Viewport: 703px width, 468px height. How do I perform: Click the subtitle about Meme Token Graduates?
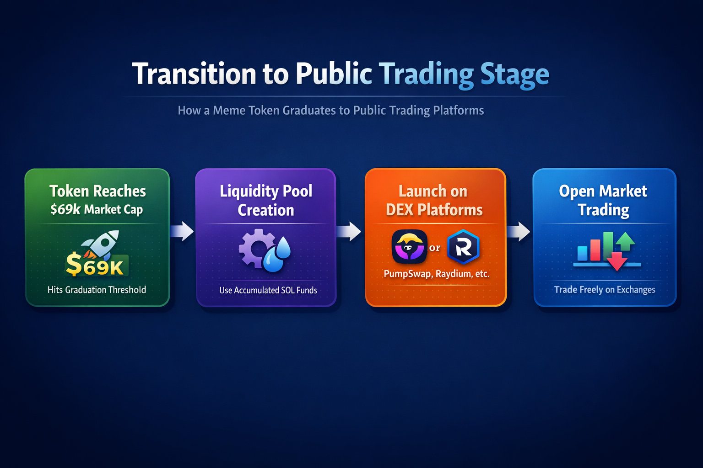pyautogui.click(x=330, y=111)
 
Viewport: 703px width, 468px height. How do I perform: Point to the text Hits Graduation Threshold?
pyautogui.click(x=97, y=290)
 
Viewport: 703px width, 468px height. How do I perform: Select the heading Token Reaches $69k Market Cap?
pyautogui.click(x=97, y=200)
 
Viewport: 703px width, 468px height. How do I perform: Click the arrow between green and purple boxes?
pyautogui.click(x=182, y=231)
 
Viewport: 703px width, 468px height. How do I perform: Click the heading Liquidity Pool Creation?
pyautogui.click(x=266, y=200)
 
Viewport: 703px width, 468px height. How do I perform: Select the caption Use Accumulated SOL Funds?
pyautogui.click(x=268, y=290)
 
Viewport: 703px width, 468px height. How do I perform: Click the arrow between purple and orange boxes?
pyautogui.click(x=349, y=231)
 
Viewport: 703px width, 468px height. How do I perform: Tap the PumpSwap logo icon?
pyautogui.click(x=409, y=247)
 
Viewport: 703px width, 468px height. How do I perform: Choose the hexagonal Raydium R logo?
pyautogui.click(x=463, y=247)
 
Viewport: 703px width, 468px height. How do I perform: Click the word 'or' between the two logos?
pyautogui.click(x=435, y=248)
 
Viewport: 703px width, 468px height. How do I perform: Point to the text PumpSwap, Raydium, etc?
pyautogui.click(x=436, y=274)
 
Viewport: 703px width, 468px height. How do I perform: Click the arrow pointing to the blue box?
pyautogui.click(x=519, y=231)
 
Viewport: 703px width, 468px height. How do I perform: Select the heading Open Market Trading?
pyautogui.click(x=603, y=200)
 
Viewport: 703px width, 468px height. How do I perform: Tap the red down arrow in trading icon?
pyautogui.click(x=617, y=261)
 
